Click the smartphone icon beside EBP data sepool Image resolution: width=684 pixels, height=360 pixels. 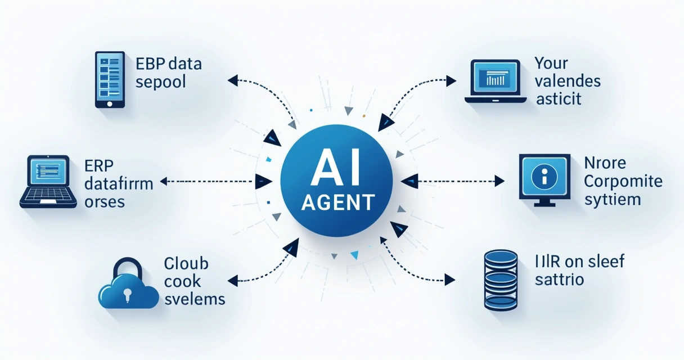pos(110,79)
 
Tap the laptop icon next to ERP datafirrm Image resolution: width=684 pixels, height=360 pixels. pos(48,182)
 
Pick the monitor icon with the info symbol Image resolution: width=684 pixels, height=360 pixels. pos(544,179)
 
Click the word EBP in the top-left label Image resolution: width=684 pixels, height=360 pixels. pos(148,64)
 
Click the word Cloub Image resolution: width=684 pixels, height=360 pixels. pos(186,263)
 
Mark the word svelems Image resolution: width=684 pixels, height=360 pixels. pos(194,299)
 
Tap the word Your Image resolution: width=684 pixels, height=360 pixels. pos(551,62)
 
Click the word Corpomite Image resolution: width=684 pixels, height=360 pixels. pos(623,182)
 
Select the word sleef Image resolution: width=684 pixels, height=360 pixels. pos(606,261)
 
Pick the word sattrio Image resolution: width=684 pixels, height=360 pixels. pos(559,280)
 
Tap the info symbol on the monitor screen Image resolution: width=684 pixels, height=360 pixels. pos(544,177)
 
